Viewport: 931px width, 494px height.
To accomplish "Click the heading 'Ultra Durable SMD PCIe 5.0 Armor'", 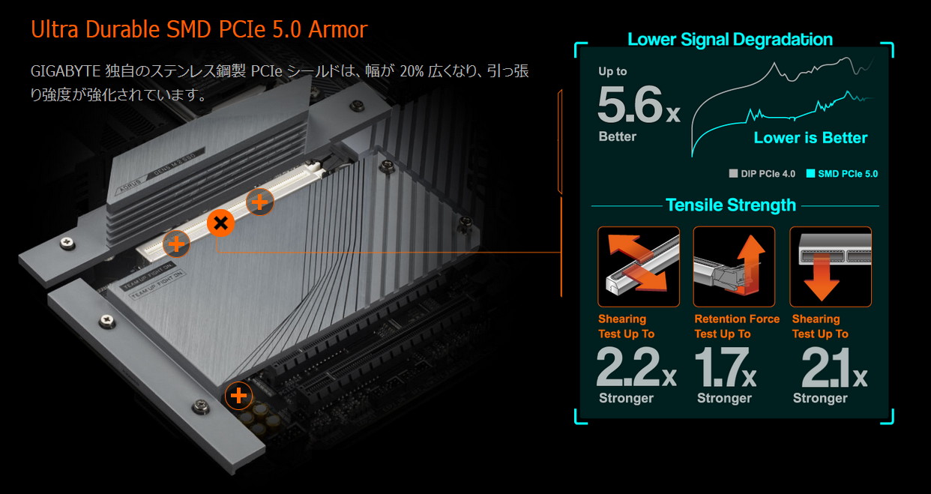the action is pyautogui.click(x=199, y=29).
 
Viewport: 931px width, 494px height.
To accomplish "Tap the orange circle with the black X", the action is pyautogui.click(x=220, y=223).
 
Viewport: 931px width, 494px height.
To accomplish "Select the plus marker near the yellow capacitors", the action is pyautogui.click(x=238, y=396).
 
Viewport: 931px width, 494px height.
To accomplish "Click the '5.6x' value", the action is pyautogui.click(x=639, y=104).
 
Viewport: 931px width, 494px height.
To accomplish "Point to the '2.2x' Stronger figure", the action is pyautogui.click(x=636, y=367).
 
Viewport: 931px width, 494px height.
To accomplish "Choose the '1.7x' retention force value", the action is pyautogui.click(x=726, y=367).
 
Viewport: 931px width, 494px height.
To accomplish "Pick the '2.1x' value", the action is pyautogui.click(x=834, y=367).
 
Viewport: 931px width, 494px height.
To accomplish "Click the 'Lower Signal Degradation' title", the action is pyautogui.click(x=730, y=40).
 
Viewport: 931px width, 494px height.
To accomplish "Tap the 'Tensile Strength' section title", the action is pyautogui.click(x=731, y=205).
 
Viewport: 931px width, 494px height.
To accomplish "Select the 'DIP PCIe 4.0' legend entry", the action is pyautogui.click(x=762, y=174).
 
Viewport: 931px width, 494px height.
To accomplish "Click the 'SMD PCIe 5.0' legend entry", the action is pyautogui.click(x=842, y=174).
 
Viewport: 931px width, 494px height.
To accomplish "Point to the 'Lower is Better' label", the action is pyautogui.click(x=810, y=138).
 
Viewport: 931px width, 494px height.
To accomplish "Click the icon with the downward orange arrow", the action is pyautogui.click(x=831, y=267).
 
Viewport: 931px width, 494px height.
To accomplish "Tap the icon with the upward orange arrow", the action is pyautogui.click(x=734, y=267).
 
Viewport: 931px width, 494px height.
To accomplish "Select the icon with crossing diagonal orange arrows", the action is pyautogui.click(x=639, y=267).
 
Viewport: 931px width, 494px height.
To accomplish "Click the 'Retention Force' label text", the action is pyautogui.click(x=737, y=319).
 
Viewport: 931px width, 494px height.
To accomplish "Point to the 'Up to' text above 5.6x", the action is pyautogui.click(x=612, y=71).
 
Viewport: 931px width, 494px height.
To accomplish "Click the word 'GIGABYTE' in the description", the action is pyautogui.click(x=65, y=71).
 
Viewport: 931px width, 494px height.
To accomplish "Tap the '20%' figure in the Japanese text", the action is pyautogui.click(x=412, y=71).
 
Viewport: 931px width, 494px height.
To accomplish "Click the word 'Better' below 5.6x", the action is pyautogui.click(x=617, y=136).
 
